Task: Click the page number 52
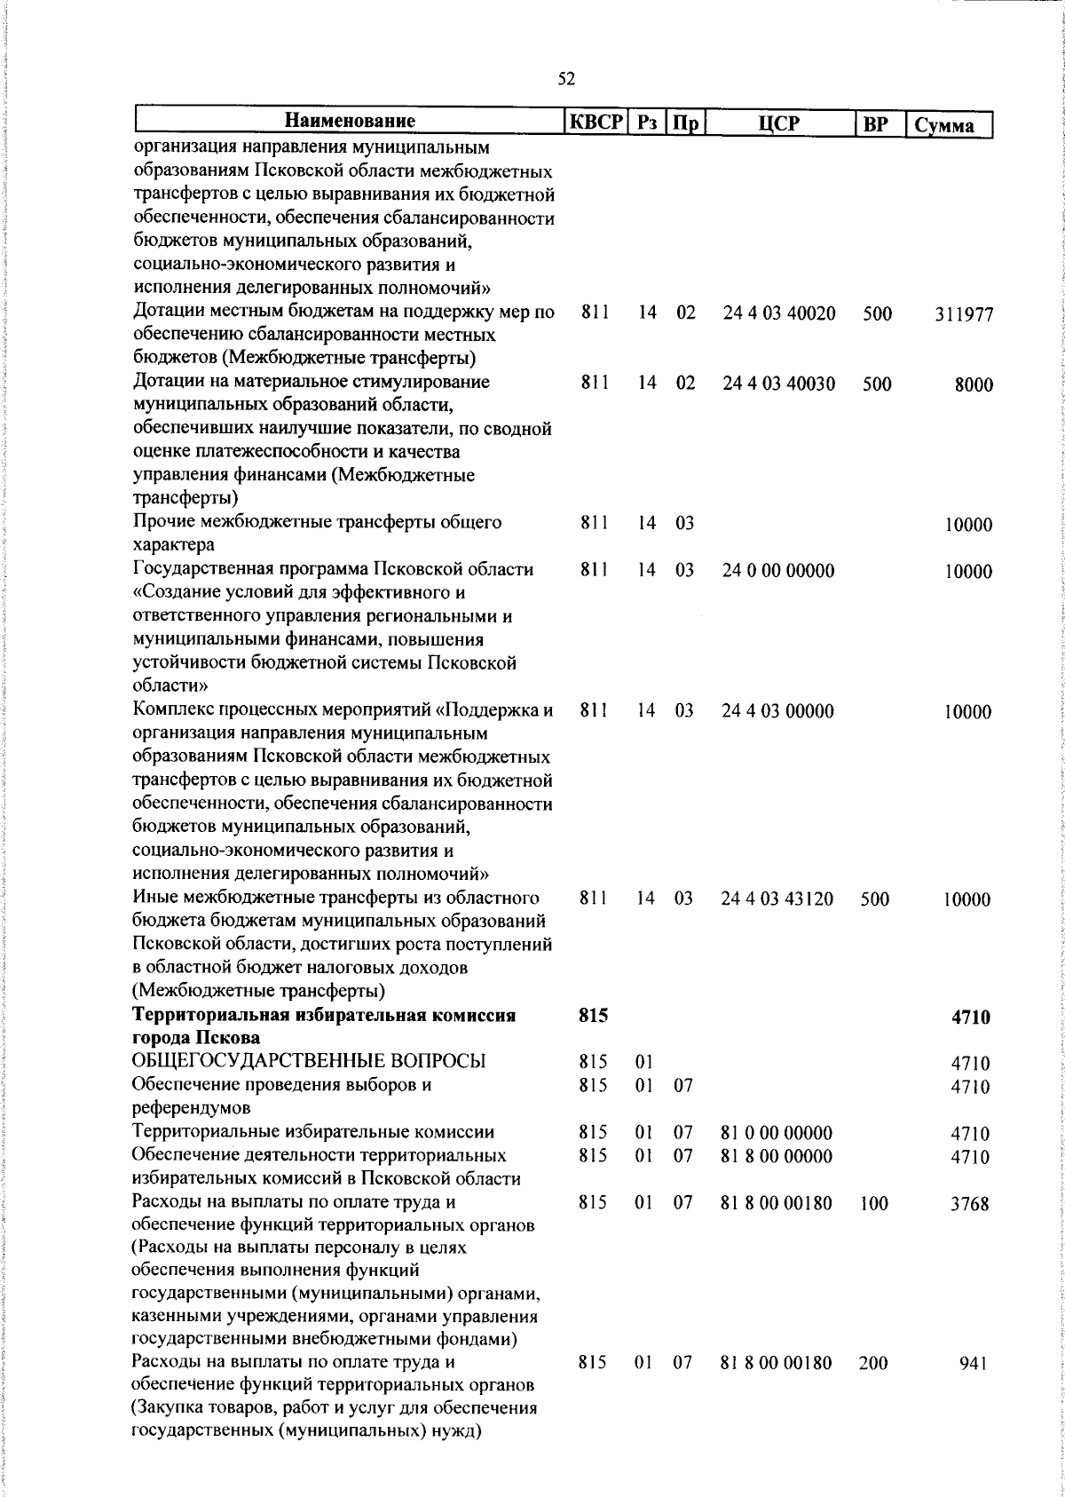point(566,79)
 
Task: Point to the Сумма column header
point(949,125)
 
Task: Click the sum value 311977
point(963,314)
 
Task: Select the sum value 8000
point(973,384)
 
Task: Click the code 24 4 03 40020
point(778,313)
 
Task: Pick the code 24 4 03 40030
point(778,384)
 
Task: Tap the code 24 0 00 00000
point(777,571)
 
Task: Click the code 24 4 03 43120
point(777,899)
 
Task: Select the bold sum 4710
point(970,1018)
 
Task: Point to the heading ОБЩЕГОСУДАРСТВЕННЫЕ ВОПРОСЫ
point(309,1062)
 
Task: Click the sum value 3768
point(970,1204)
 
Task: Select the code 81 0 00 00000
point(776,1133)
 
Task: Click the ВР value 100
point(873,1204)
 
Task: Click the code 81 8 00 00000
point(776,1156)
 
